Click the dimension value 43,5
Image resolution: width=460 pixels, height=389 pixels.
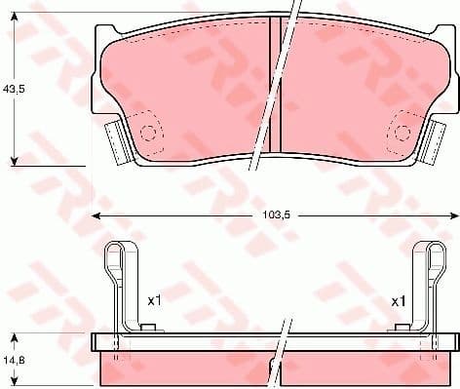pyautogui.click(x=13, y=88)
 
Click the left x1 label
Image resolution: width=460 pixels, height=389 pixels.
pyautogui.click(x=153, y=301)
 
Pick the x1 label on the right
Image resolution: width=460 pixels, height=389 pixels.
pyautogui.click(x=398, y=301)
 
